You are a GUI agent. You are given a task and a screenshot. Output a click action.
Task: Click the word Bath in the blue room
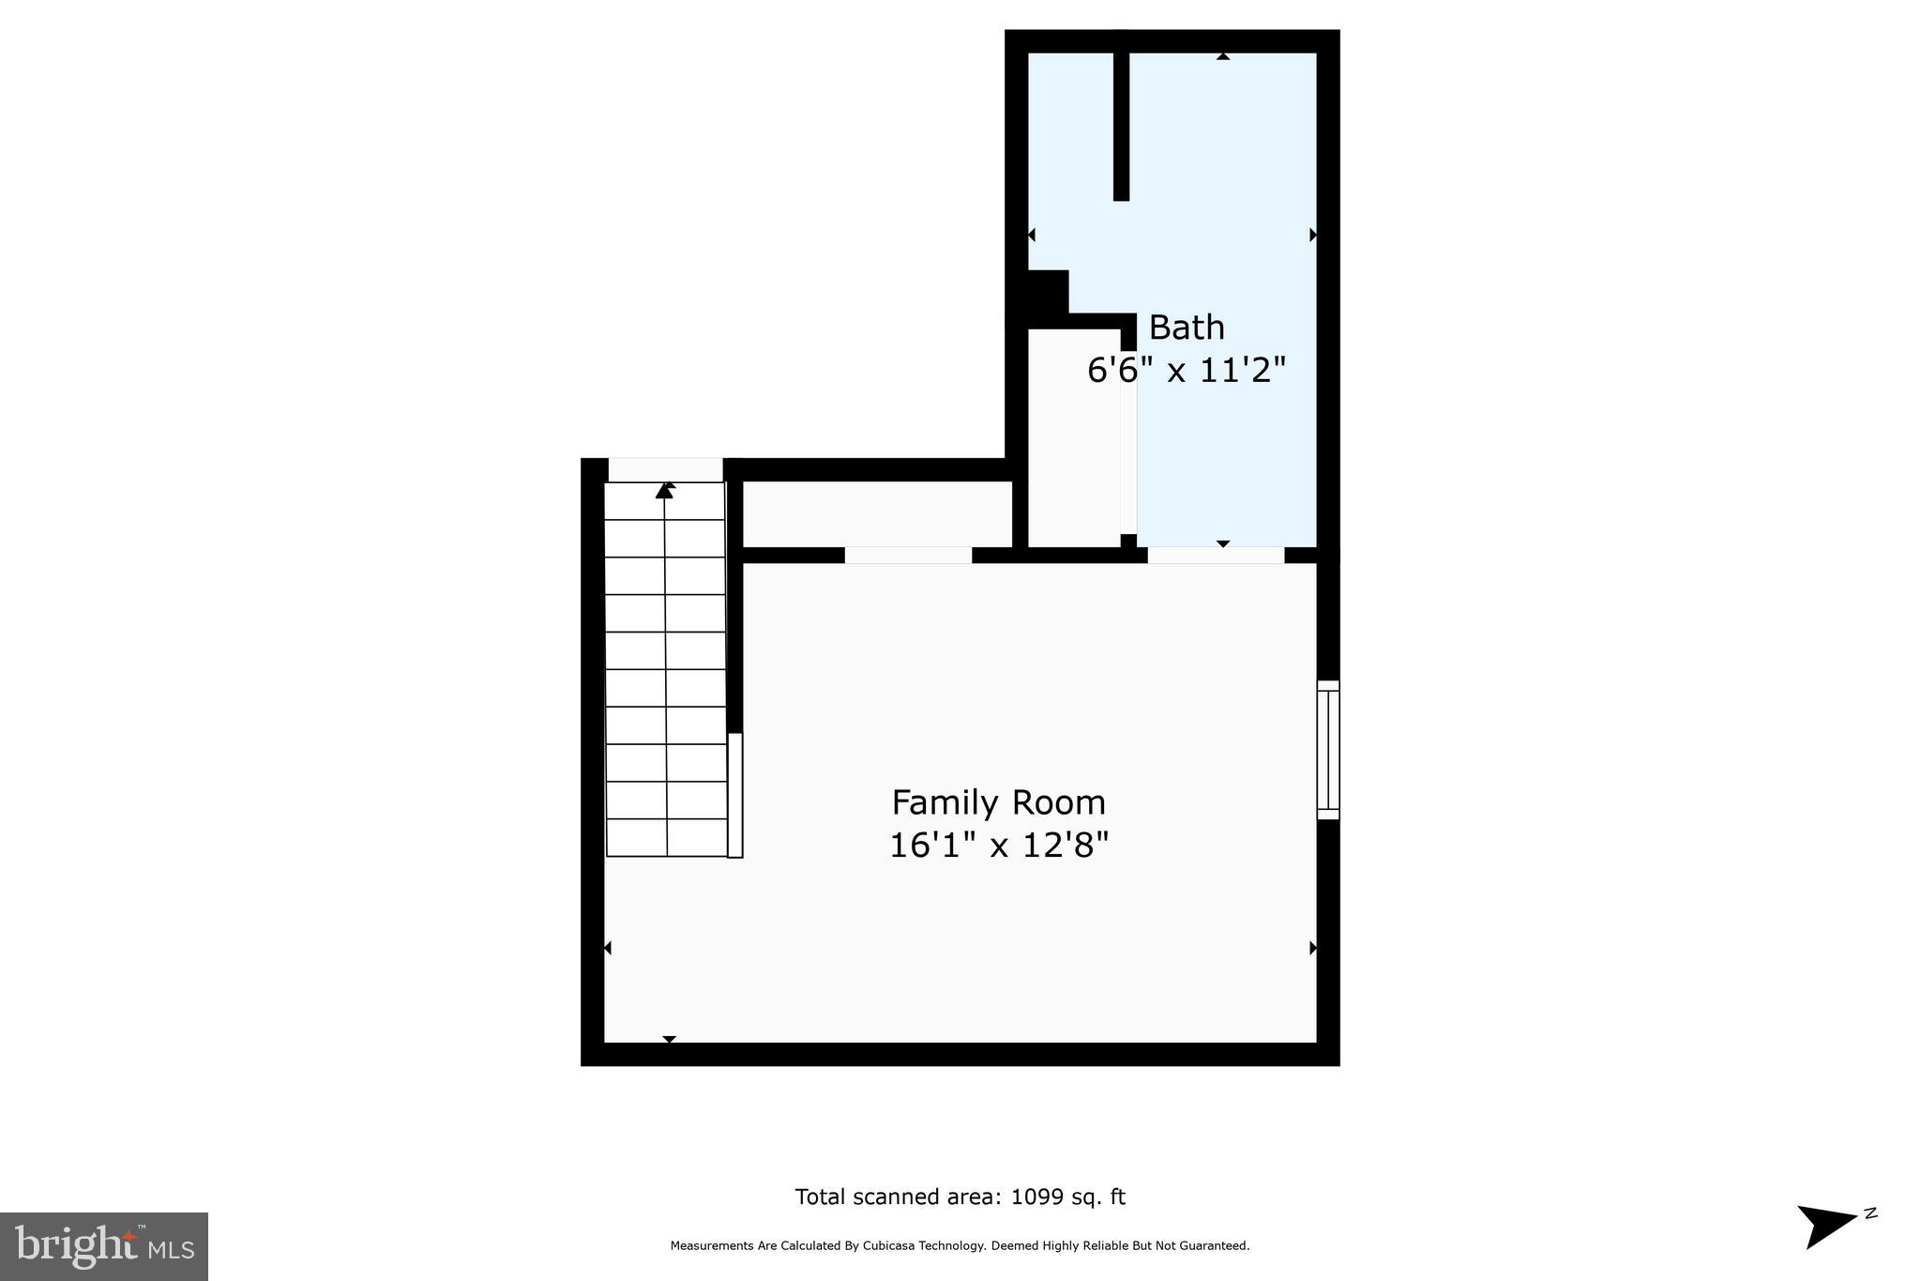1186,328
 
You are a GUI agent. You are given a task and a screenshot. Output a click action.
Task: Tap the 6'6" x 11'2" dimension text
1185,371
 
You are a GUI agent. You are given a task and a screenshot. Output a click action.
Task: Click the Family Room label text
998,803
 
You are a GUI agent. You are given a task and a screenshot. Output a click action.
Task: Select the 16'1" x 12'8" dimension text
998,846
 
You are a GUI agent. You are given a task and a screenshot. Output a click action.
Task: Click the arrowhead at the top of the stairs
665,490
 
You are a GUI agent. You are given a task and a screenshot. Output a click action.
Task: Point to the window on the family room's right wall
1327,750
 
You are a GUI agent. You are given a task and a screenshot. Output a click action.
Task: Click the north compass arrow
1825,1225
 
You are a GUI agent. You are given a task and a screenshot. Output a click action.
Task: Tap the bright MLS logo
103,1246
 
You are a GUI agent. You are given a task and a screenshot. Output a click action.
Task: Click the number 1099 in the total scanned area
1037,1197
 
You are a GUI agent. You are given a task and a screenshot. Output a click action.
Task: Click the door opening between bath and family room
1216,555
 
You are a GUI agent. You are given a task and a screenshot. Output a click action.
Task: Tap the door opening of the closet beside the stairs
908,555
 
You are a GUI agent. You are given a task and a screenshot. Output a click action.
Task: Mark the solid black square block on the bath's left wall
1048,292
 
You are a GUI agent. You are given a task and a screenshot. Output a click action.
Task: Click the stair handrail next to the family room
735,795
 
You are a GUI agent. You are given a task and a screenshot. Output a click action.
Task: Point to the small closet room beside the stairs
877,514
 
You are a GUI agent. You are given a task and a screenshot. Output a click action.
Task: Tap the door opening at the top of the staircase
665,469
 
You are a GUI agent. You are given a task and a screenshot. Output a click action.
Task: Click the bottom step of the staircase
667,837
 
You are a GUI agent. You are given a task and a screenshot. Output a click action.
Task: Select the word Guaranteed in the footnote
1215,1246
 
